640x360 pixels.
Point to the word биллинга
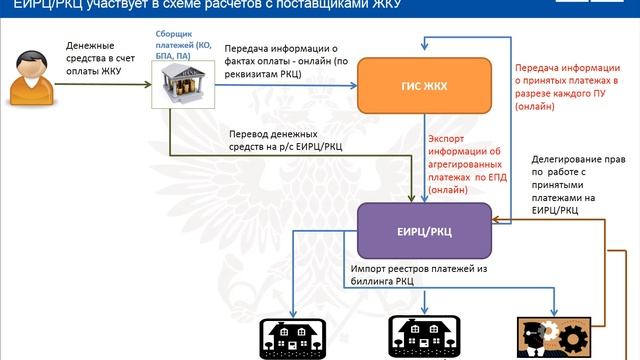pyautogui.click(x=375, y=283)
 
